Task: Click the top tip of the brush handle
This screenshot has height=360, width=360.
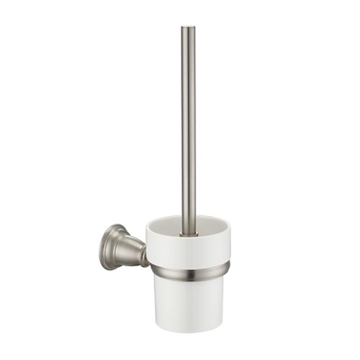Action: [x=188, y=27]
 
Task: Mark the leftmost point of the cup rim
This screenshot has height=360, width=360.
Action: [x=147, y=229]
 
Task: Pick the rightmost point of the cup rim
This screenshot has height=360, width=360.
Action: [x=230, y=228]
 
